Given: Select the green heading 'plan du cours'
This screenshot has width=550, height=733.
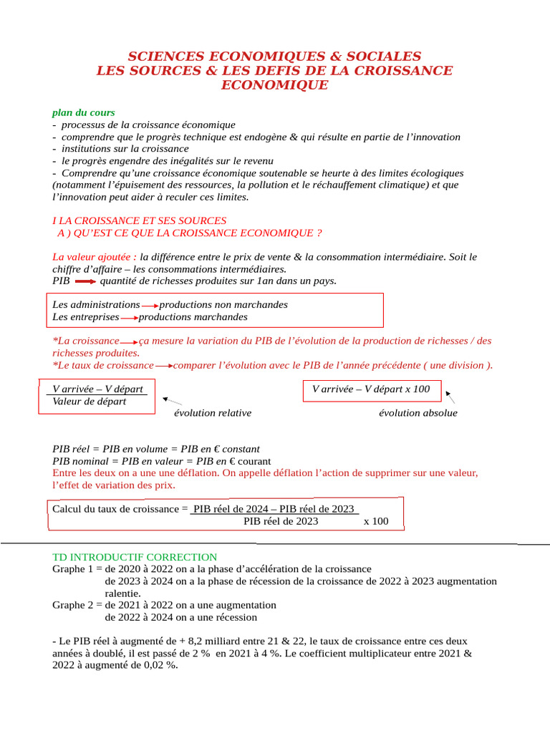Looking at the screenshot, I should click(x=83, y=112).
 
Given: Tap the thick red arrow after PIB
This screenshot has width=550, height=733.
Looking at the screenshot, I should click(x=85, y=281).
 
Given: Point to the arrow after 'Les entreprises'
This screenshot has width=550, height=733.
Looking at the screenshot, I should click(x=129, y=318).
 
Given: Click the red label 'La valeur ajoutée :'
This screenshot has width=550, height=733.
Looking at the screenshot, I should click(x=95, y=256).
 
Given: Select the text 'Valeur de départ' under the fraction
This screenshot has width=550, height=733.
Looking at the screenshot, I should click(x=90, y=402).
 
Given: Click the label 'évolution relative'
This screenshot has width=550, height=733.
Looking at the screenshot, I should click(x=213, y=413).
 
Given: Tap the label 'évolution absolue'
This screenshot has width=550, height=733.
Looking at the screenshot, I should click(x=418, y=413).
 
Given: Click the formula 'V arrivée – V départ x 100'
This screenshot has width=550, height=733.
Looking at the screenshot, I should click(x=371, y=389).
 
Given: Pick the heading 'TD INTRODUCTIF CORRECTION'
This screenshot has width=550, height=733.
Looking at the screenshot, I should click(x=135, y=556).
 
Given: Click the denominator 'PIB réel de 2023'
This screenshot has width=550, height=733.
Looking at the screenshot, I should click(x=281, y=521).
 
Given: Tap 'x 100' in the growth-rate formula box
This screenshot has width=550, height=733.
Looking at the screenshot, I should click(x=376, y=521).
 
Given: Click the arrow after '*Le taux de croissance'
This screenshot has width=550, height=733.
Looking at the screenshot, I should click(x=163, y=366).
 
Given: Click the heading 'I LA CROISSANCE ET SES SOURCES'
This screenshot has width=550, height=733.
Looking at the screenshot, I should click(x=140, y=220).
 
